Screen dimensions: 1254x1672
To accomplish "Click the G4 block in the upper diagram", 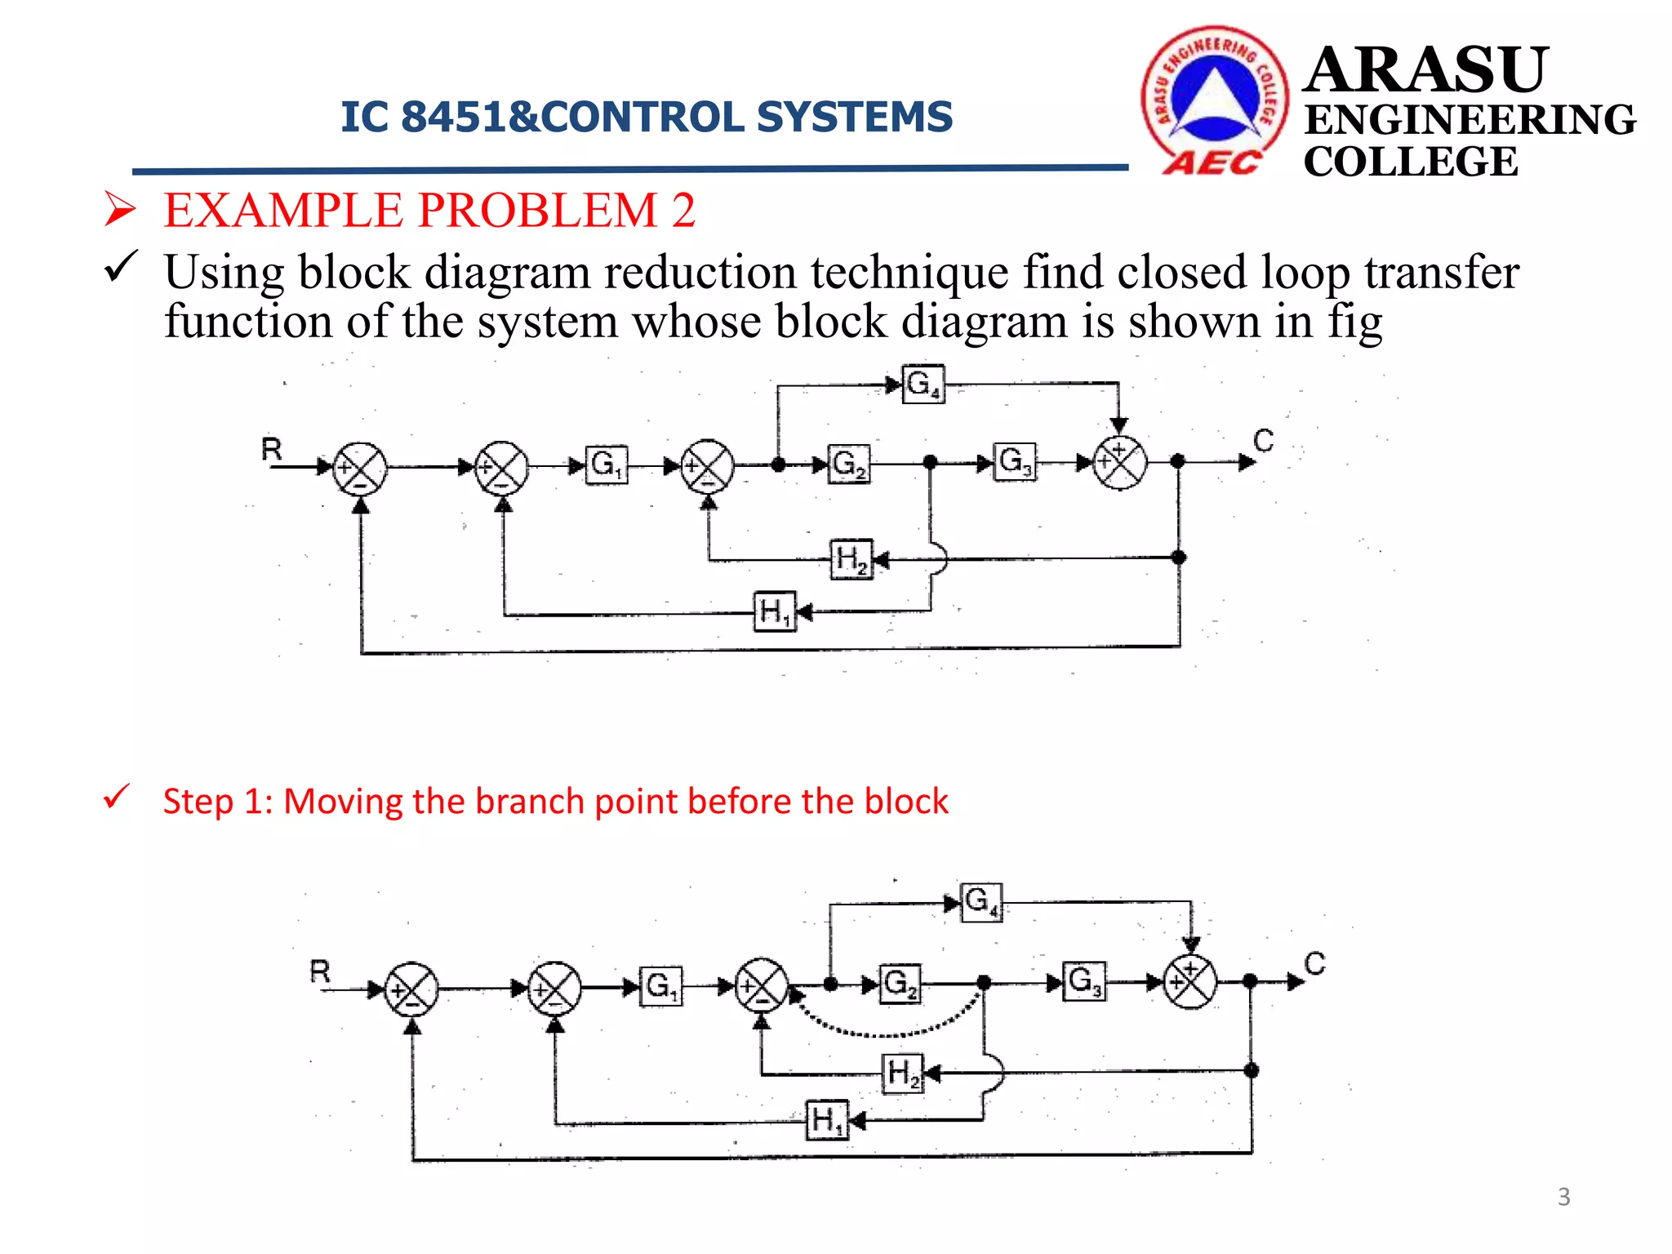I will tap(923, 384).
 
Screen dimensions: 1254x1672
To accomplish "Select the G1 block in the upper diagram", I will tap(607, 465).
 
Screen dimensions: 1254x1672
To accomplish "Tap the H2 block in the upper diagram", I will tap(851, 559).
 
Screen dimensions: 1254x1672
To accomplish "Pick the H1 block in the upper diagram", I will tap(773, 611).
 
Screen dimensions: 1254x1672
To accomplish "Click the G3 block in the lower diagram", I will tap(1085, 981).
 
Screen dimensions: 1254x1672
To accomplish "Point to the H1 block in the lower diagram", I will tap(827, 1120).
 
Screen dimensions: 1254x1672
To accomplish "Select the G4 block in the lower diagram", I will tap(981, 902).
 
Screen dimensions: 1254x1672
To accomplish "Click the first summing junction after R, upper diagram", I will tap(360, 468).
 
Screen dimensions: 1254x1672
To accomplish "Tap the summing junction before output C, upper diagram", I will tap(1119, 462).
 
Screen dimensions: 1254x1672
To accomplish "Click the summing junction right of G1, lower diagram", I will tap(762, 985).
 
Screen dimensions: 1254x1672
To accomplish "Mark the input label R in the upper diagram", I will tap(272, 450).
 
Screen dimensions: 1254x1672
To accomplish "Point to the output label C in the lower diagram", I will tap(1314, 964).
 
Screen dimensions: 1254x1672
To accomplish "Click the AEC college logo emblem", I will tap(1215, 100).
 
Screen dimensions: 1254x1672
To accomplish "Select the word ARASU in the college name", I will tap(1425, 70).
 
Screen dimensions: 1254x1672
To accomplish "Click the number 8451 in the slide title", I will tap(453, 117).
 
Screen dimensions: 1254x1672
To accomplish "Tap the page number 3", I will tap(1563, 1197).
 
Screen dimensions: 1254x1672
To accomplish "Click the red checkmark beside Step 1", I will tap(117, 797).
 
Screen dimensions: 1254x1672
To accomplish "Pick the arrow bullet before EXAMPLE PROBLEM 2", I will tap(119, 210).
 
